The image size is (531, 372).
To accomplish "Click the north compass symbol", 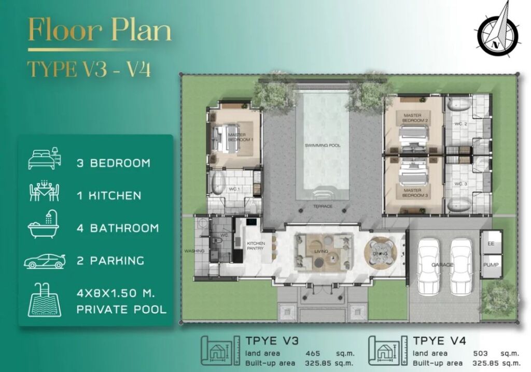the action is point(497,32).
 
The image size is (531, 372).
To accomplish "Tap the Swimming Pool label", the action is point(323,146).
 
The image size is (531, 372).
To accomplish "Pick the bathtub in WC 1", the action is point(218,184).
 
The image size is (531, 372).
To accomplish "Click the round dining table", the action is point(380,253).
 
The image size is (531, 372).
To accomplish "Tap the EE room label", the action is point(491,244).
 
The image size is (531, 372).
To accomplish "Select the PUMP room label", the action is point(491,265).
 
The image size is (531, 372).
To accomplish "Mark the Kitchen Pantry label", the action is point(256,246).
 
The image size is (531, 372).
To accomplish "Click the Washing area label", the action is point(194,251).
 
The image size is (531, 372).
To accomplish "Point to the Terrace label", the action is point(323,206).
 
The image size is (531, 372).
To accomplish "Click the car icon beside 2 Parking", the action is point(44,261).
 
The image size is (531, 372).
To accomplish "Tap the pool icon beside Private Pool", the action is point(45,300).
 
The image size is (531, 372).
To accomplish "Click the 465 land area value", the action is point(313,353).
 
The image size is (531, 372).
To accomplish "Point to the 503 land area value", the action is point(480,353).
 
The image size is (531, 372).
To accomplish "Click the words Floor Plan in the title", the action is point(100,31).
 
